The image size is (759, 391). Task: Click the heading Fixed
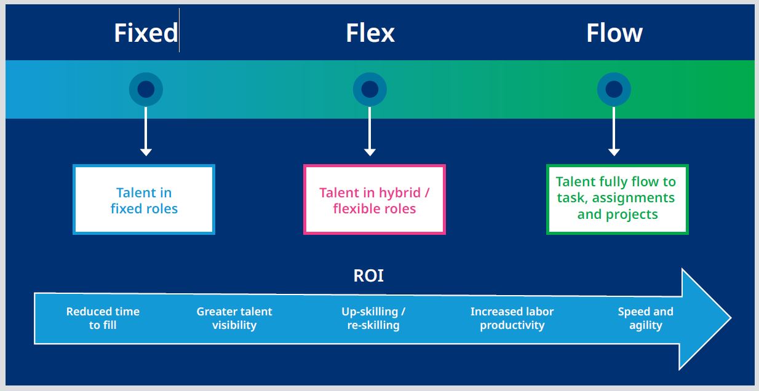pyautogui.click(x=146, y=33)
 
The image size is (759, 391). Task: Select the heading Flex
pyautogui.click(x=370, y=33)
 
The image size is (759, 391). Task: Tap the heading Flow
pyautogui.click(x=614, y=33)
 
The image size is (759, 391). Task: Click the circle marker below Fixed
pyautogui.click(x=146, y=90)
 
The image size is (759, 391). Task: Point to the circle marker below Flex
pyautogui.click(x=370, y=90)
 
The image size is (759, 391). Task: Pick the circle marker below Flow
pyautogui.click(x=614, y=90)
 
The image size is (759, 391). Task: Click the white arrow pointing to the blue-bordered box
pyautogui.click(x=146, y=132)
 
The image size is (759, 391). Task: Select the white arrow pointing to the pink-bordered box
pyautogui.click(x=370, y=132)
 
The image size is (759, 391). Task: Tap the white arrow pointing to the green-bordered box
pyautogui.click(x=614, y=132)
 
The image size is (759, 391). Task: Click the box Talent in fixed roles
pyautogui.click(x=144, y=200)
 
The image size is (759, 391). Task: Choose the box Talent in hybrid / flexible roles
pyautogui.click(x=374, y=200)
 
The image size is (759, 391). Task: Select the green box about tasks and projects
pyautogui.click(x=617, y=199)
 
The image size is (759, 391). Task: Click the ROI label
pyautogui.click(x=368, y=276)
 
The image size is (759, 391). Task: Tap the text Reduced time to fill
pyautogui.click(x=103, y=318)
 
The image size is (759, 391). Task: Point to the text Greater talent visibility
pyautogui.click(x=234, y=318)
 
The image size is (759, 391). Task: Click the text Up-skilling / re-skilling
pyautogui.click(x=373, y=318)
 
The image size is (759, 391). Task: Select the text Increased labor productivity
pyautogui.click(x=512, y=318)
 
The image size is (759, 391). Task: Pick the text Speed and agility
pyautogui.click(x=645, y=318)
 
